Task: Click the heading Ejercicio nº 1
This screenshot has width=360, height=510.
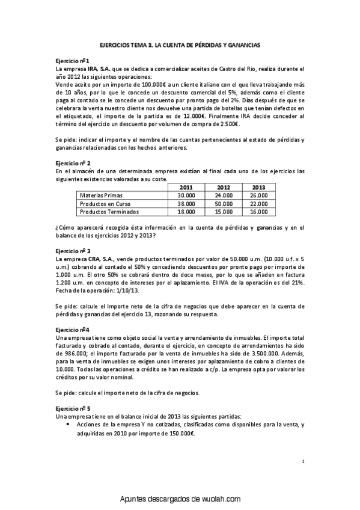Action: pyautogui.click(x=72, y=61)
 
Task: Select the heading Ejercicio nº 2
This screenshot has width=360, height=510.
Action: pyautogui.click(x=73, y=163)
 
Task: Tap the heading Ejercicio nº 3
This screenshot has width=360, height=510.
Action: pyautogui.click(x=73, y=250)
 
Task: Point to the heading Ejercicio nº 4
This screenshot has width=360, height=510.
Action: pyautogui.click(x=72, y=330)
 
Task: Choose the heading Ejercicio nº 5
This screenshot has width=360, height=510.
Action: pyautogui.click(x=73, y=408)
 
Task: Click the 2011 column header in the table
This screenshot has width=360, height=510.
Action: pyautogui.click(x=186, y=188)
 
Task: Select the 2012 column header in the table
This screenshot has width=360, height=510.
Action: pyautogui.click(x=223, y=188)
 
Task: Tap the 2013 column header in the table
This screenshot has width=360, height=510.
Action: pyautogui.click(x=259, y=188)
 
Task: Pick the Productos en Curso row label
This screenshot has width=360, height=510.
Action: pyautogui.click(x=105, y=204)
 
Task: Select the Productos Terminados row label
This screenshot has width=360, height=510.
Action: pyautogui.click(x=109, y=212)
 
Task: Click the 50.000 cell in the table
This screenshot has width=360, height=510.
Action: pyautogui.click(x=223, y=204)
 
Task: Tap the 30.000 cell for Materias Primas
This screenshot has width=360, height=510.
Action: pyautogui.click(x=186, y=195)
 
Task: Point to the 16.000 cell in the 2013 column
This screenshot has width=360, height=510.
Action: pyautogui.click(x=259, y=212)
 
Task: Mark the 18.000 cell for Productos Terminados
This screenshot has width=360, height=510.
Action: pyautogui.click(x=186, y=212)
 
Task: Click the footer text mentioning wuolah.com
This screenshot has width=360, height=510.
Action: pyautogui.click(x=180, y=499)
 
